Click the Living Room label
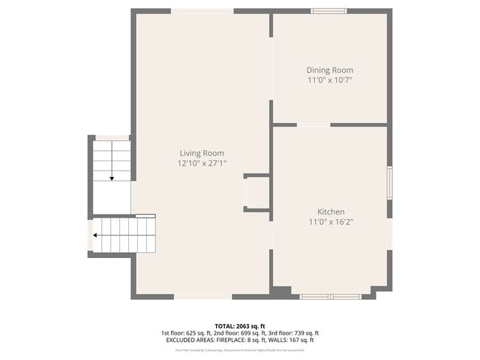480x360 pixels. tap(201, 153)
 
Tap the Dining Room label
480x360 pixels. tap(329, 70)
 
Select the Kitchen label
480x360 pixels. tap(330, 211)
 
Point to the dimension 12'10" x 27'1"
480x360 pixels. tap(201, 163)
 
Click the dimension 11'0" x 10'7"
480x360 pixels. tap(329, 79)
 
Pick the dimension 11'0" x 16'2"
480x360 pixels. tap(330, 221)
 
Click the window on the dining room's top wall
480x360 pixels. tap(328, 11)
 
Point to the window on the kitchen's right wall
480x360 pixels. tap(389, 183)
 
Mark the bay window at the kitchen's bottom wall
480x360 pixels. tap(331, 297)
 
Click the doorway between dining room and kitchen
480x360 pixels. tap(313, 124)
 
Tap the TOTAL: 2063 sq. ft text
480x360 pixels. tap(240, 325)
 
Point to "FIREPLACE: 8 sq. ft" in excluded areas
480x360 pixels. tap(241, 340)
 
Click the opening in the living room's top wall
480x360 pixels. tap(203, 11)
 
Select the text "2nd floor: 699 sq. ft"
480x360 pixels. tap(240, 333)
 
